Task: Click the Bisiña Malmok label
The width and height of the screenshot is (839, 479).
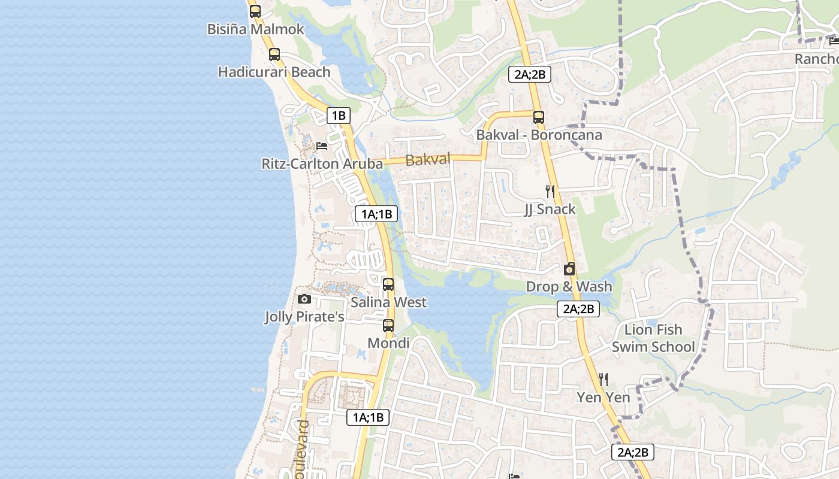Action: click(256, 29)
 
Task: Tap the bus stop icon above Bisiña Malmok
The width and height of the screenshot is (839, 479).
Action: click(255, 11)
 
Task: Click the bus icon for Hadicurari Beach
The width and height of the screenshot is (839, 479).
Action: click(274, 54)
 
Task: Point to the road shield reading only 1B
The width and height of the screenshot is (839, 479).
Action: click(338, 116)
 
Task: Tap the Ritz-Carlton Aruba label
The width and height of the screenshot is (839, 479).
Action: click(322, 163)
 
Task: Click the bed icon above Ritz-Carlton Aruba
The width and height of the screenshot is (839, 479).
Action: click(322, 145)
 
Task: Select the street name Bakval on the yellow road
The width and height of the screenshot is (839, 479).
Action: click(428, 159)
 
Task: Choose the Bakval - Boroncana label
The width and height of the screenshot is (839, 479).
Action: click(539, 135)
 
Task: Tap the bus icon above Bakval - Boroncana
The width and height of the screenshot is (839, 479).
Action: click(539, 117)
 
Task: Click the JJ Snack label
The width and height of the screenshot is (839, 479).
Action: click(550, 209)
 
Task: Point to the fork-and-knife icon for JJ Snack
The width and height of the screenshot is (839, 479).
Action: click(550, 192)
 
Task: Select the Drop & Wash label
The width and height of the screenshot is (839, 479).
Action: click(569, 287)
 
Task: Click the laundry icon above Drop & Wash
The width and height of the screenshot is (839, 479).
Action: click(569, 269)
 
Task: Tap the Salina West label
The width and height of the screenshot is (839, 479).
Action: click(388, 302)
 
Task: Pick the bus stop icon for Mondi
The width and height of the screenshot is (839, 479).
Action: click(388, 326)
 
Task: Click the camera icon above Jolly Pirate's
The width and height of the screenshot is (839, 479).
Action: click(304, 299)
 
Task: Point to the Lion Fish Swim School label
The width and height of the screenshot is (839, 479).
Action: click(653, 338)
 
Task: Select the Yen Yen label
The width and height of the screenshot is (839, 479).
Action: click(603, 398)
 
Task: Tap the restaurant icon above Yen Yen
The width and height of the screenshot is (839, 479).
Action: click(603, 380)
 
